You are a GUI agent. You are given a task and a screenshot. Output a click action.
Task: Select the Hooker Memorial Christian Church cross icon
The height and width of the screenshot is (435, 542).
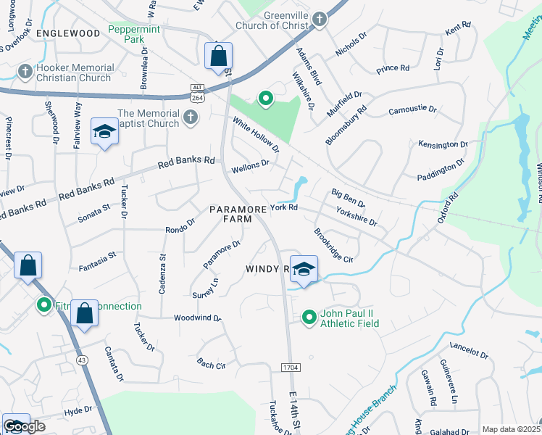(x=25, y=72)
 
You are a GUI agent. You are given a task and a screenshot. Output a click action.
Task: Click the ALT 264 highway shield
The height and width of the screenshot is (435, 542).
(x=197, y=91)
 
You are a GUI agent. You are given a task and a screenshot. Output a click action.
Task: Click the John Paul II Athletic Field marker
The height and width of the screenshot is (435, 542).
(x=309, y=318)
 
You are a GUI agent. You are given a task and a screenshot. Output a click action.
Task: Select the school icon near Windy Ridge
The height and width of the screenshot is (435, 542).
(x=304, y=269)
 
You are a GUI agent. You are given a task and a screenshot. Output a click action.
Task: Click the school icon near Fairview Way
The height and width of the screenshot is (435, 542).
(x=104, y=133)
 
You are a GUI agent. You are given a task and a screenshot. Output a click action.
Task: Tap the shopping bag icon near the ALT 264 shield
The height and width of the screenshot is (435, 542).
(x=218, y=57)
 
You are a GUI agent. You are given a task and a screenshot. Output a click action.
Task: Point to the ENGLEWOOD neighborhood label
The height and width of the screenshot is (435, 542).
(x=67, y=33)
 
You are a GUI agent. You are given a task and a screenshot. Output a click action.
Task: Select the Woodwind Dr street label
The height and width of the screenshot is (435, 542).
(x=197, y=318)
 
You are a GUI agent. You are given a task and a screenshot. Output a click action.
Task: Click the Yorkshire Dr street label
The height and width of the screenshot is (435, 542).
(x=357, y=216)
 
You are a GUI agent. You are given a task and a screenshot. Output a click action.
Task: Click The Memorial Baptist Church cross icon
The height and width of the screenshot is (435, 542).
(x=191, y=117)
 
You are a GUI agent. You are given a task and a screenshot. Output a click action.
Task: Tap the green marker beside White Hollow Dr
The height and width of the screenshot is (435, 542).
(x=265, y=99)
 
